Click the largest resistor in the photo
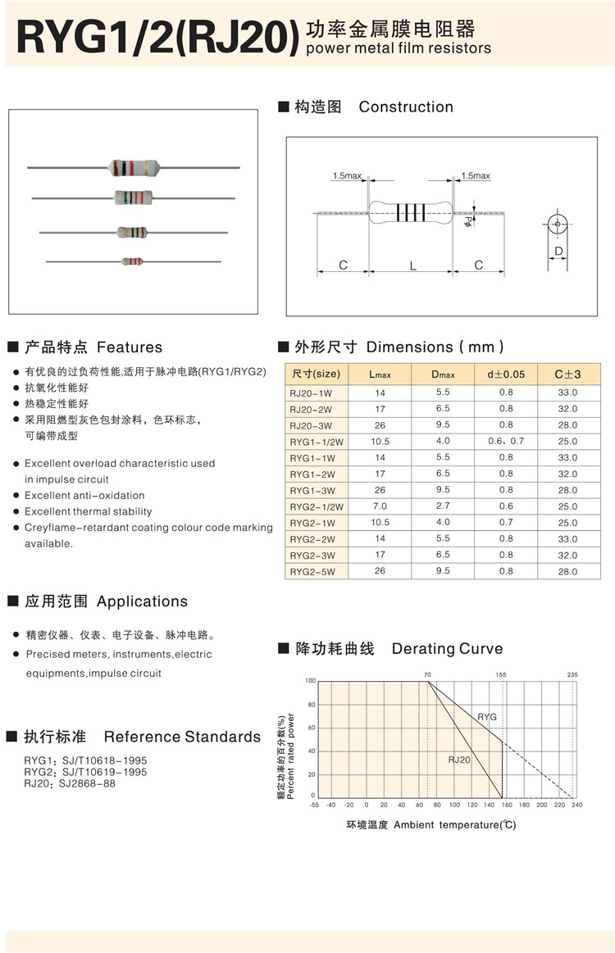click(x=132, y=168)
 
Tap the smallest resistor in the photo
click(x=133, y=261)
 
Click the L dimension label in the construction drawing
click(x=412, y=265)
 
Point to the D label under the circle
click(x=558, y=251)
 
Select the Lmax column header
click(x=380, y=374)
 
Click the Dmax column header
click(x=443, y=374)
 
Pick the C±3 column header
click(x=567, y=374)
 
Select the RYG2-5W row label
click(x=312, y=572)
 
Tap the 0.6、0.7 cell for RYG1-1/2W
click(x=506, y=442)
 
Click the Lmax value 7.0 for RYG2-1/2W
click(x=380, y=506)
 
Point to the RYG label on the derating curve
click(x=487, y=717)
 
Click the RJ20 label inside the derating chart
click(x=459, y=760)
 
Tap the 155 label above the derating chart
click(x=501, y=674)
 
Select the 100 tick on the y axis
click(x=310, y=681)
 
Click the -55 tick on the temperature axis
click(x=313, y=805)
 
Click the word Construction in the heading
click(x=406, y=107)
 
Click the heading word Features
click(x=130, y=347)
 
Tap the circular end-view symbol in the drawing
click(x=558, y=225)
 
